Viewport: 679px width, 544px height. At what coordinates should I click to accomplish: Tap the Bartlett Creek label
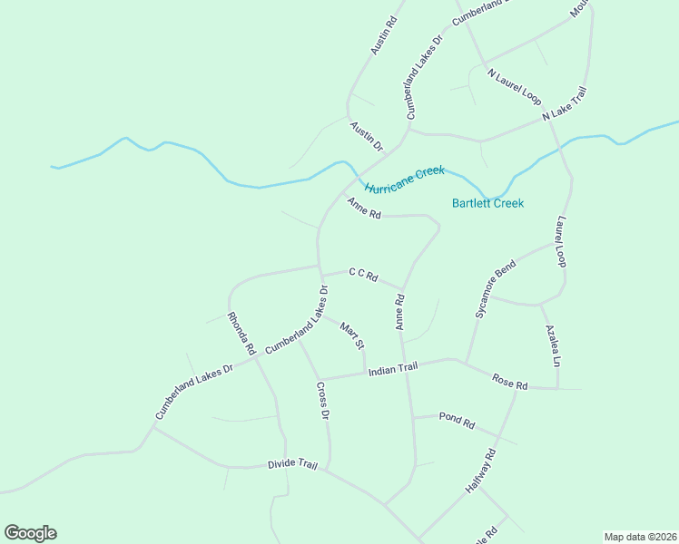487,203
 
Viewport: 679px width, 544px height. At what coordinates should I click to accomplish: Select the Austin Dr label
367,136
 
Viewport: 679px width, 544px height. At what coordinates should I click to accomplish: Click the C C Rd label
362,275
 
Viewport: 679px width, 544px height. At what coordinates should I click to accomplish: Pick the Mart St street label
352,335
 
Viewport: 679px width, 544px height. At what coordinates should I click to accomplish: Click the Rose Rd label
509,382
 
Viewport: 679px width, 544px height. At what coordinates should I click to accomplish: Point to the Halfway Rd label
481,471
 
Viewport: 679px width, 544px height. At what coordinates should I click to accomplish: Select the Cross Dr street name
322,401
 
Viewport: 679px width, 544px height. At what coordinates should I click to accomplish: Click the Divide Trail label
292,464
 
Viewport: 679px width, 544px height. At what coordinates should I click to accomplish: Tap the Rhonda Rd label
241,333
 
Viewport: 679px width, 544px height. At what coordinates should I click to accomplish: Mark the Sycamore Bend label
495,288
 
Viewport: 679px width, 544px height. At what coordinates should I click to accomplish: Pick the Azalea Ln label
551,345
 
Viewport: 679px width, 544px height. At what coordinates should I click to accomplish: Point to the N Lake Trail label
565,104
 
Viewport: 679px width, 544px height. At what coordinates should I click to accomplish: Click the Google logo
30,533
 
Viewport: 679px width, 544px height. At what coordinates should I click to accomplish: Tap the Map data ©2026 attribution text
640,537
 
